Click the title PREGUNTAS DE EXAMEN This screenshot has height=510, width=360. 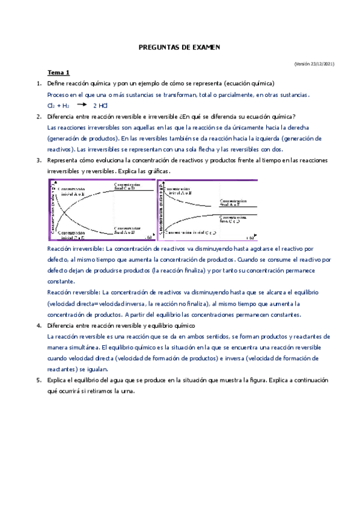(180, 46)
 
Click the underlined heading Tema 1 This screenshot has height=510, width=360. (59, 72)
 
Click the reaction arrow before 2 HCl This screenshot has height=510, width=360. (82, 105)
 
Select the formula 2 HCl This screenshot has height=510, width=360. (100, 105)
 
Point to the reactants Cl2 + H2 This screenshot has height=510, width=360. (58, 105)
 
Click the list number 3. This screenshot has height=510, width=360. (38, 161)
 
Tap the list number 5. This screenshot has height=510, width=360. (38, 380)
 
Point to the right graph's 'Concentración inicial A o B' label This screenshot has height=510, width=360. (183, 191)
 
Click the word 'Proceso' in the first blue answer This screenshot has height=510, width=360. (58, 95)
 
